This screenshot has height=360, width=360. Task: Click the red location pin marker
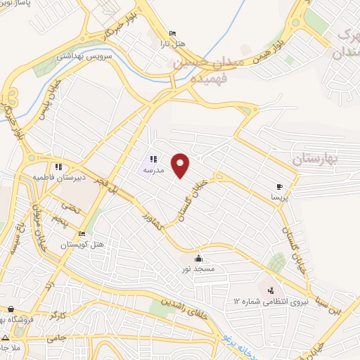(x=181, y=165)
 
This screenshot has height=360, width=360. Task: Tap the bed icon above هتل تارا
(x=173, y=33)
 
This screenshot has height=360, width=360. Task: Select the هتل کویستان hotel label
(x=72, y=245)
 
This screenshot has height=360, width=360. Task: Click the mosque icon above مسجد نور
(x=200, y=258)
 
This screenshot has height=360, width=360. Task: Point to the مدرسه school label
(x=153, y=171)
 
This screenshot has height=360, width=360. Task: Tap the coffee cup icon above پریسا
(x=281, y=187)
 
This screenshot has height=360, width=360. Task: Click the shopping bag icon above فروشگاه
(x=11, y=309)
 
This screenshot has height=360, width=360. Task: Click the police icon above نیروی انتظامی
(x=271, y=290)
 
